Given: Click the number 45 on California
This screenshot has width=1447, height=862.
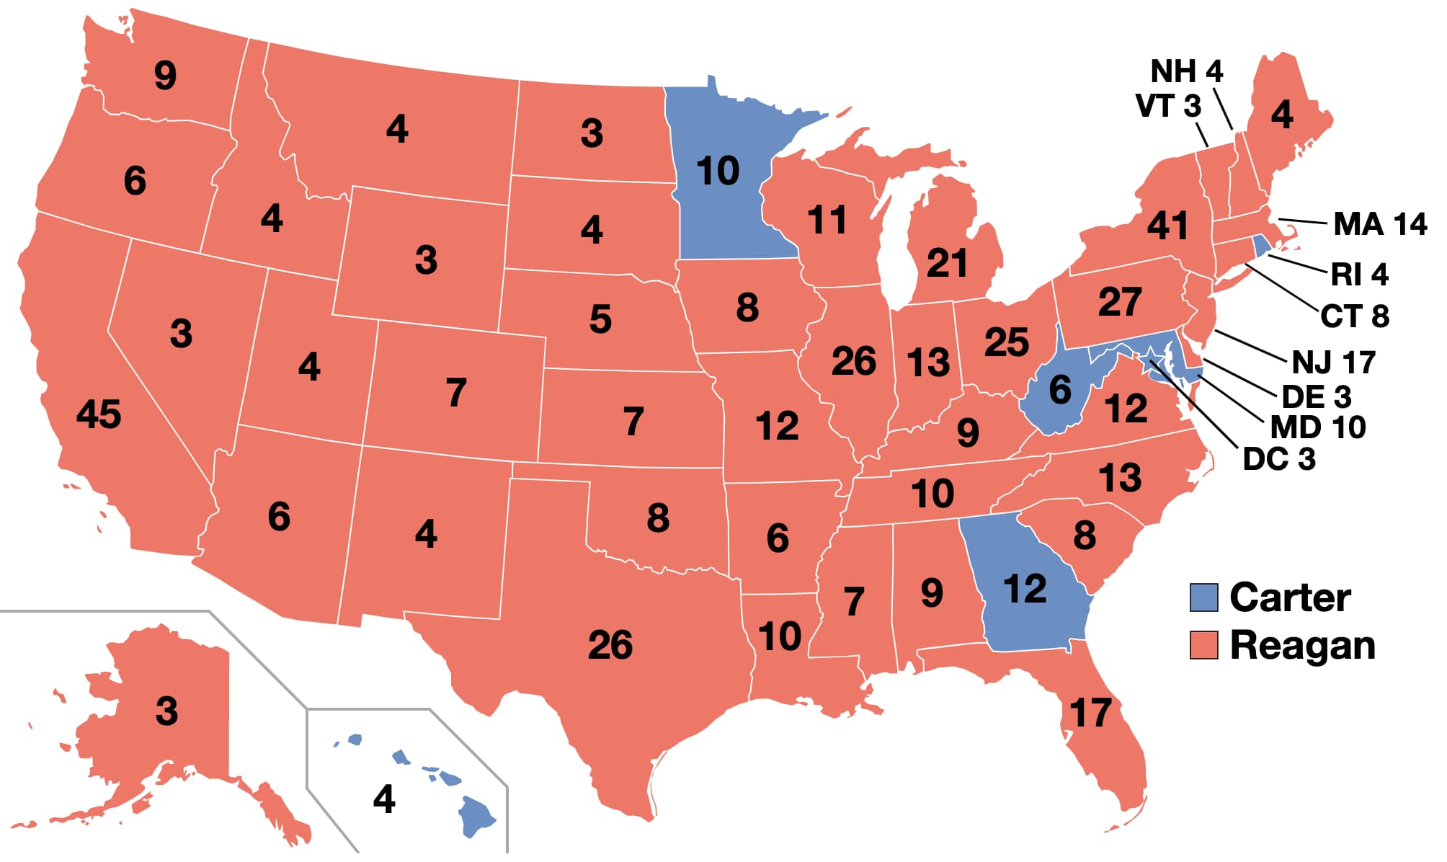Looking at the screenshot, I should coord(99,414).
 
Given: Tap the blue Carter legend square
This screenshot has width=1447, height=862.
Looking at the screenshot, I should coord(1203,597).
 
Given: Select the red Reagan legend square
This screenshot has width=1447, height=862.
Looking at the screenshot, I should coord(1203,645).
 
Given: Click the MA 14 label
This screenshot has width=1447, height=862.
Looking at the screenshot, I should coord(1379,224).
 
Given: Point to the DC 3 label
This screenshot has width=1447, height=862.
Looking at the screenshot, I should coord(1279,459).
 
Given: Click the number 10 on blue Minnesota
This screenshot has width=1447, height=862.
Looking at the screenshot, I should coord(718,172).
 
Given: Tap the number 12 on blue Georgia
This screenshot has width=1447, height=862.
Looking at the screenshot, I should coord(1025,589).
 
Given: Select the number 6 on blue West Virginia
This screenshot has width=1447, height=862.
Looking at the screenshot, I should coord(1059,390).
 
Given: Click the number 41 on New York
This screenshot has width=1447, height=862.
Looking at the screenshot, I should coord(1167,226).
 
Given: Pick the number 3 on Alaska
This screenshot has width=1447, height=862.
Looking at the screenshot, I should coord(166,711).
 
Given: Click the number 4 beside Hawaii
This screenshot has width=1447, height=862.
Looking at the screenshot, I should coord(384,799).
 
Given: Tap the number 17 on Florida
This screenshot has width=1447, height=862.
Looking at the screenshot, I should coord(1090,714).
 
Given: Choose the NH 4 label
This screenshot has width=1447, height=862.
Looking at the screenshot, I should coord(1187,71).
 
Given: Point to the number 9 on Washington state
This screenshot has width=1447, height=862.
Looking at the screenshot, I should coord(165,75).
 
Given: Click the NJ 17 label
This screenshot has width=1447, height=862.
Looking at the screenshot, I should coord(1334,363).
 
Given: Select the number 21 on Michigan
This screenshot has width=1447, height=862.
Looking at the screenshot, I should coord(946,263).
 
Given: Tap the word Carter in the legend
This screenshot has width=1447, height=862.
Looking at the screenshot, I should coord(1290,597).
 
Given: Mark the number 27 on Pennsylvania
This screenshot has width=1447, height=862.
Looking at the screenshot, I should coord(1120,302).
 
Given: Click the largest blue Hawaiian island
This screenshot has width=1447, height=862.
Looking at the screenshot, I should coord(476,816).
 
